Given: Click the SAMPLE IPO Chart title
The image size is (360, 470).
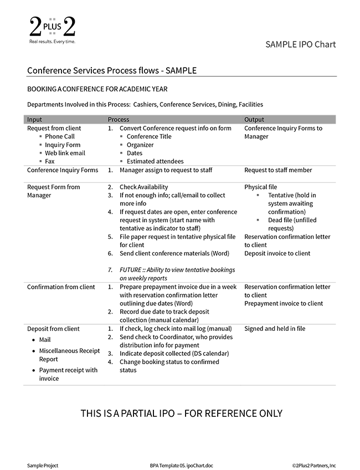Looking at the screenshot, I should (300, 44).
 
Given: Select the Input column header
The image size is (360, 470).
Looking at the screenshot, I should (34, 119).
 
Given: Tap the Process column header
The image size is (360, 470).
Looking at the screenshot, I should (119, 119).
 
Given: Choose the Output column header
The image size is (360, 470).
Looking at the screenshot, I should (254, 119).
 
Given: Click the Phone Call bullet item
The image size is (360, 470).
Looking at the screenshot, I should (59, 136).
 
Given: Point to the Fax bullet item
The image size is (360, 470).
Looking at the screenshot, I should (49, 161).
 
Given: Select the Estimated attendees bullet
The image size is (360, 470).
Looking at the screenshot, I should (155, 161).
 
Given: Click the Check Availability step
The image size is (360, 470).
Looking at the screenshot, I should (143, 187).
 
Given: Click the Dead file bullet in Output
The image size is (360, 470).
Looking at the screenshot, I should (284, 224).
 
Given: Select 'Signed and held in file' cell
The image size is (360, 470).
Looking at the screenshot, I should (275, 329).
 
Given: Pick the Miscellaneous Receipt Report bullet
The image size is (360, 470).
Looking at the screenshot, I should (69, 355).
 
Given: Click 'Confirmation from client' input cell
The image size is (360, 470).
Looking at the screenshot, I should (61, 287).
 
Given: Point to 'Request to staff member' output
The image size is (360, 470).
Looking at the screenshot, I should (278, 170).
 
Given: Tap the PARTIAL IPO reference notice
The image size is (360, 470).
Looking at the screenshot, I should (181, 413).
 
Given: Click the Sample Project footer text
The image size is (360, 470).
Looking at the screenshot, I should (43, 466).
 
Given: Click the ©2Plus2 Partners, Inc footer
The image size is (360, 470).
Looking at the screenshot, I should (314, 466).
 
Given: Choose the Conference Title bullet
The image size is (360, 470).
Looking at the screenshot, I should (149, 136).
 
